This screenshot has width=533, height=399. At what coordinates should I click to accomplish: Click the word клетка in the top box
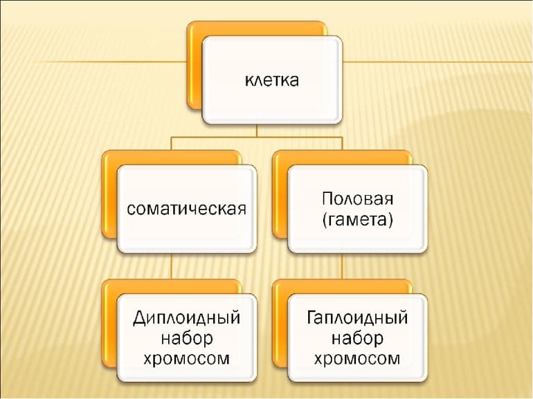[271, 81]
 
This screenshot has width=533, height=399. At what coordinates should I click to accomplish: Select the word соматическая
[186, 208]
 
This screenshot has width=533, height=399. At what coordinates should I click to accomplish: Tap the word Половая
[357, 199]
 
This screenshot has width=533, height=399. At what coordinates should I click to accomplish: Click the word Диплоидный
[186, 318]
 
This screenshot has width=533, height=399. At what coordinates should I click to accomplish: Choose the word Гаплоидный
[357, 318]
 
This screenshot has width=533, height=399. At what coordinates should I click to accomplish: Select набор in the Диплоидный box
[186, 339]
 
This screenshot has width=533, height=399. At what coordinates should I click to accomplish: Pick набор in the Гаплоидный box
[357, 339]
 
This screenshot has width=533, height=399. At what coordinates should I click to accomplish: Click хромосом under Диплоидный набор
[186, 359]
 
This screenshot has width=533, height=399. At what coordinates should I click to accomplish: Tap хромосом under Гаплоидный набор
[357, 359]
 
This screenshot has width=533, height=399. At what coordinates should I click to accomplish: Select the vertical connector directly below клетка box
[257, 130]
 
